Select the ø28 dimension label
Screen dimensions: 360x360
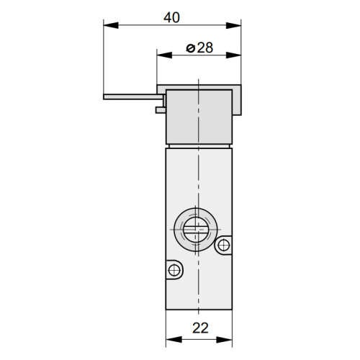(x=198, y=48)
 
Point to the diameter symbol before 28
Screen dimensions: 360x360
(x=190, y=48)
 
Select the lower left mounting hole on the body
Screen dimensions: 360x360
(x=173, y=270)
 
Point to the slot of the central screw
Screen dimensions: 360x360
(x=197, y=231)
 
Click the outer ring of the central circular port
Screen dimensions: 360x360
(x=181, y=230)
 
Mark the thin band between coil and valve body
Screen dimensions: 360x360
(x=199, y=144)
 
